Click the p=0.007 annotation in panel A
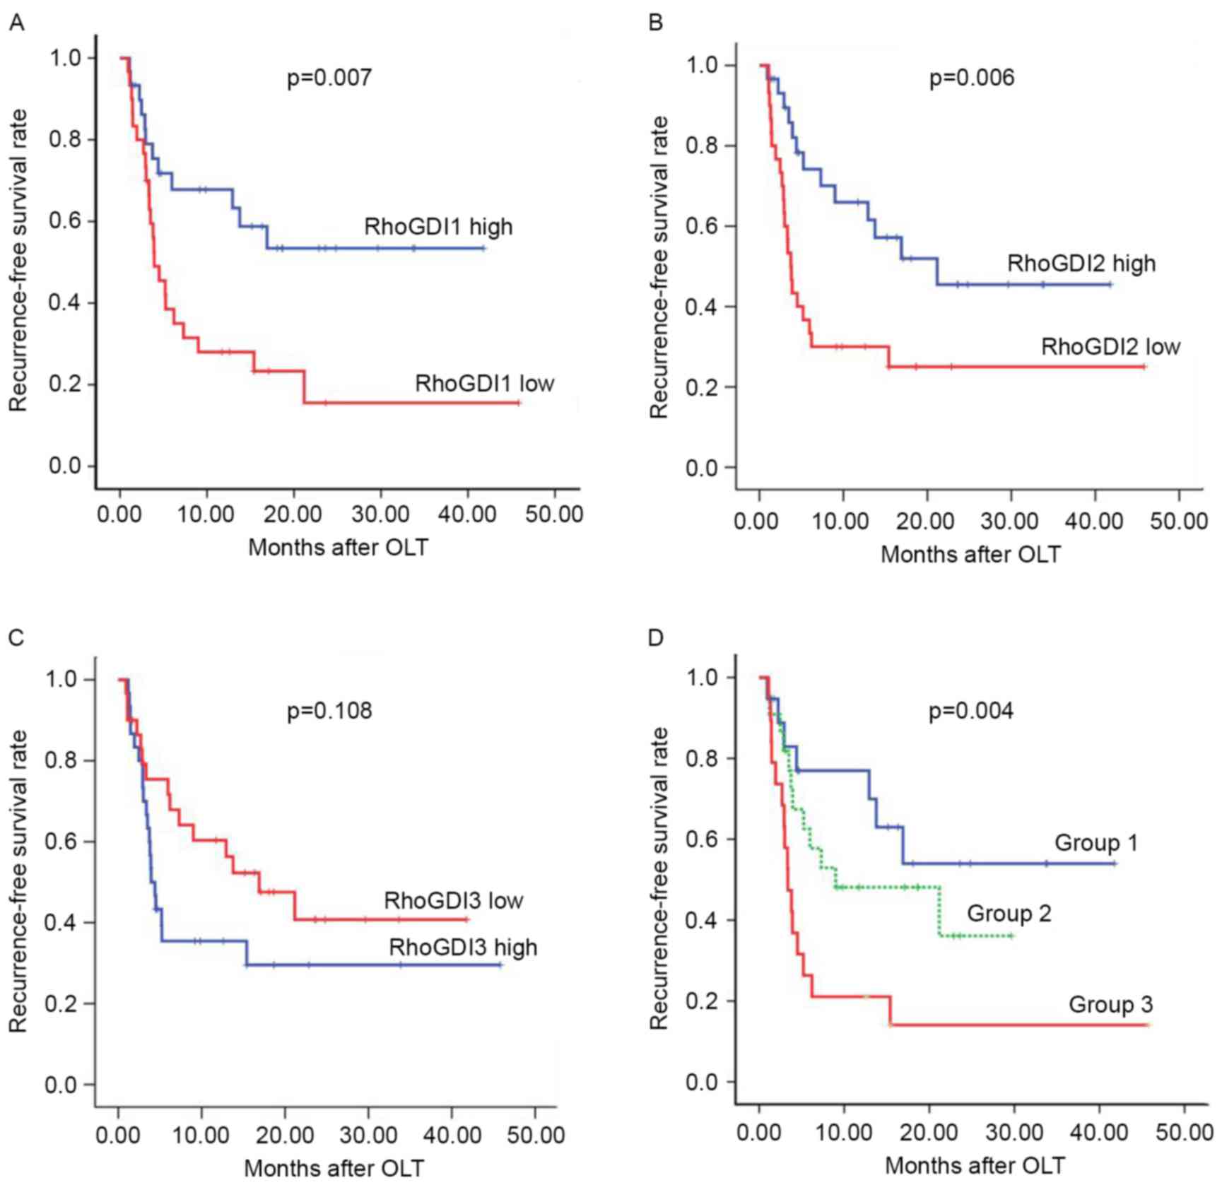329,77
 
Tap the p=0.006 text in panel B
971,77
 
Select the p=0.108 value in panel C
329,710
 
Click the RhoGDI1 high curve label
438,227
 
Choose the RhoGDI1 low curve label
484,384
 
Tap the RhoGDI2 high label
1081,264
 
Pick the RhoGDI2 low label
1110,347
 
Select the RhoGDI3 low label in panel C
453,901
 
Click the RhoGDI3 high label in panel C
463,947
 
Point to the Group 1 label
1095,843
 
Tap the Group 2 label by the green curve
1009,913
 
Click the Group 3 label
1110,1004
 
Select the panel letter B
655,23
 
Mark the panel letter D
655,638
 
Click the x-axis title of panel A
338,547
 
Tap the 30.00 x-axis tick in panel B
1010,521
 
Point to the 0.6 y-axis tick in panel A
65,221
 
